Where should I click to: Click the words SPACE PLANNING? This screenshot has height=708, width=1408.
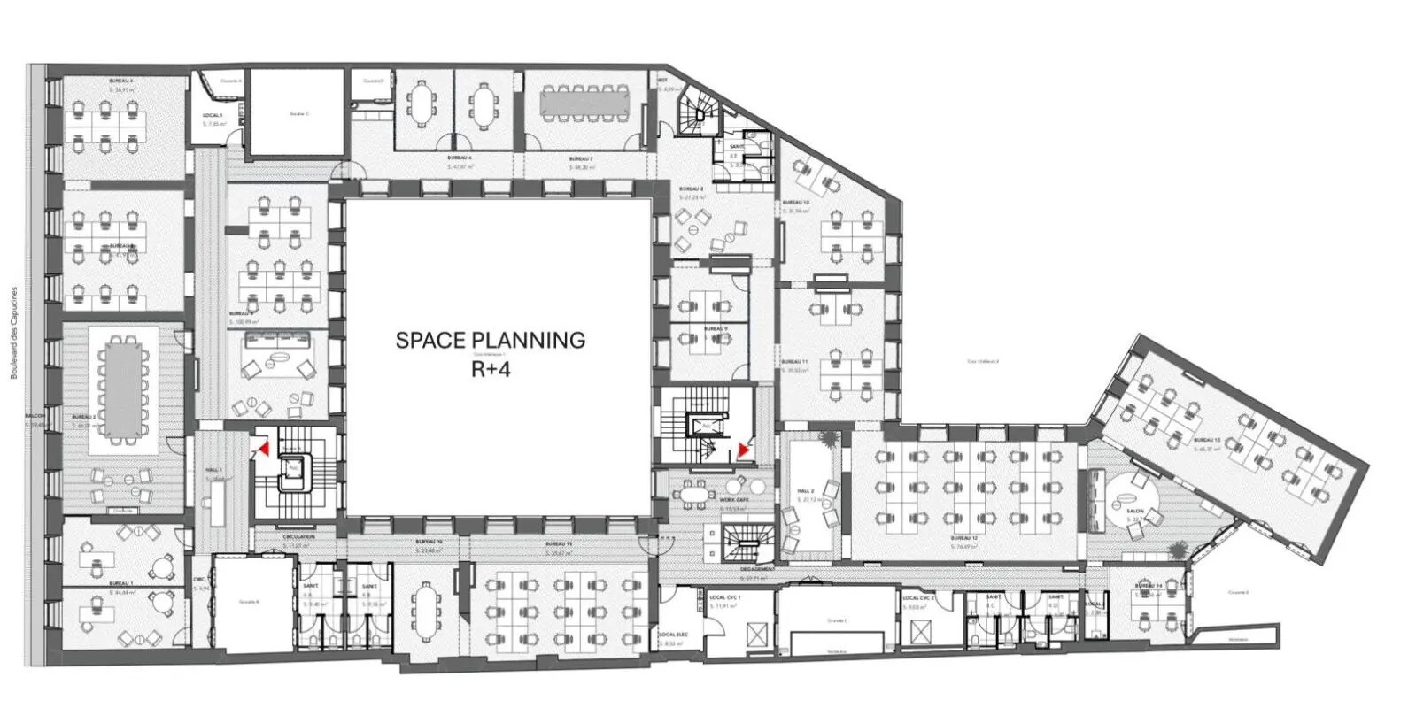tap(490, 340)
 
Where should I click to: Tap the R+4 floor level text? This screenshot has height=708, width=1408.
tap(490, 368)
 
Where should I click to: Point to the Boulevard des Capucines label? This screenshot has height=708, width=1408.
tap(14, 333)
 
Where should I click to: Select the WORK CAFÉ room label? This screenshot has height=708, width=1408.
tap(734, 500)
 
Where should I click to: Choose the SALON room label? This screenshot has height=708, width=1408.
tap(1134, 512)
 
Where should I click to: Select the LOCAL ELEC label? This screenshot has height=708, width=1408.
tap(673, 635)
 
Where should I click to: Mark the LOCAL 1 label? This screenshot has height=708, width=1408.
tap(212, 116)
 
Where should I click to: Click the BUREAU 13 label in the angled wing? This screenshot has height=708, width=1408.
tap(1206, 440)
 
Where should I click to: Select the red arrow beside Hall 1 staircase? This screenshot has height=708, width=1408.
tap(262, 450)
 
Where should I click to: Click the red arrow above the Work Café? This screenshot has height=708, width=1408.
tap(743, 451)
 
